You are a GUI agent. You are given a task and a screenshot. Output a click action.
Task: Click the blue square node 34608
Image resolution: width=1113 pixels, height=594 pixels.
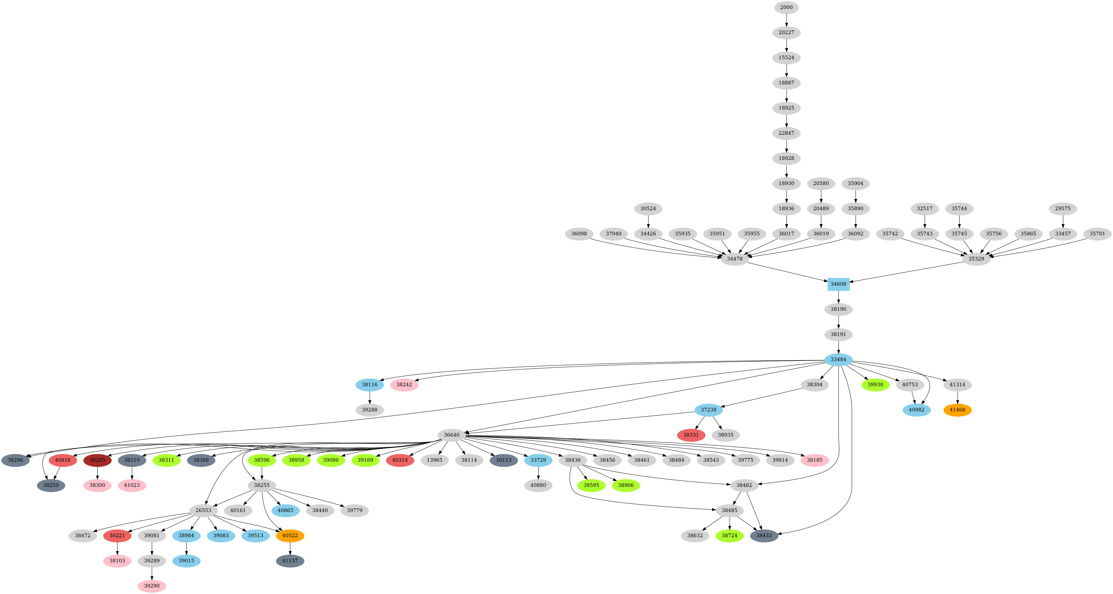click(x=838, y=284)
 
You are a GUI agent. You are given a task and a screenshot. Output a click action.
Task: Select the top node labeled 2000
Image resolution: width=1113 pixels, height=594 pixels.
click(x=786, y=7)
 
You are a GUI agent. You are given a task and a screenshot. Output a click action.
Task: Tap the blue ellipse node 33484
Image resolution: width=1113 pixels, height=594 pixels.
click(x=838, y=359)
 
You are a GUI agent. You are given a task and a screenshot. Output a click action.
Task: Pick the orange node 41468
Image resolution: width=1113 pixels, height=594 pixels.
click(x=957, y=410)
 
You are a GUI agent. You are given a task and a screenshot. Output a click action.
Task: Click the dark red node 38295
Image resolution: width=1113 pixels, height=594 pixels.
click(x=97, y=460)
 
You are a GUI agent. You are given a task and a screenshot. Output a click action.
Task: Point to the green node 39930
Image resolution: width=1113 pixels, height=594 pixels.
click(x=875, y=384)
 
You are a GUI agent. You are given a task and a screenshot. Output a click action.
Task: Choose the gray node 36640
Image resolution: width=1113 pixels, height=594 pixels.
click(x=451, y=435)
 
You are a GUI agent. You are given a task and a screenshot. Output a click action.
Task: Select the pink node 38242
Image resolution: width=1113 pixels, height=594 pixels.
click(x=404, y=384)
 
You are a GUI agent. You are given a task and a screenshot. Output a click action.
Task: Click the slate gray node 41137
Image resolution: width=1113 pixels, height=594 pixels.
click(x=290, y=561)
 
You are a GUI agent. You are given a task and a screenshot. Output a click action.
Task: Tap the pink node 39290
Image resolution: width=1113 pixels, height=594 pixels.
click(x=152, y=586)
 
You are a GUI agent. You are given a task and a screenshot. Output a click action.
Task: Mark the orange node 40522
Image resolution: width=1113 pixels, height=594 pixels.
click(x=290, y=536)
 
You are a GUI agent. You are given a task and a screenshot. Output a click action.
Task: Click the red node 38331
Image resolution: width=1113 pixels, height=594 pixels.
click(x=691, y=435)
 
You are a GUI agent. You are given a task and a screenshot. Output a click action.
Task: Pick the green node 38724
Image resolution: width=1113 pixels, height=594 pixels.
click(x=730, y=536)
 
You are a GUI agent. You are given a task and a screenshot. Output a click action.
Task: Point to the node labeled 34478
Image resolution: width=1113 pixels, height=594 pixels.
click(x=734, y=259)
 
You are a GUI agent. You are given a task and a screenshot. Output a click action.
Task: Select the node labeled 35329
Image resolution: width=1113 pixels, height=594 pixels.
click(x=976, y=259)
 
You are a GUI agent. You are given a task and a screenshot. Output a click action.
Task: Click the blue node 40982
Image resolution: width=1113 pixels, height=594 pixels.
click(x=916, y=410)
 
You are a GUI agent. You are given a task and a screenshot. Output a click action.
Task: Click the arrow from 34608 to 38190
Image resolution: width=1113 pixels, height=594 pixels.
click(x=838, y=297)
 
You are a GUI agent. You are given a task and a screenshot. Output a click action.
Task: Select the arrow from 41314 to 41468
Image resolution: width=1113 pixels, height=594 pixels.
click(x=957, y=397)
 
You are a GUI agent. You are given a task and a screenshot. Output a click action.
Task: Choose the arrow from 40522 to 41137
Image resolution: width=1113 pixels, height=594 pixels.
click(x=290, y=548)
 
